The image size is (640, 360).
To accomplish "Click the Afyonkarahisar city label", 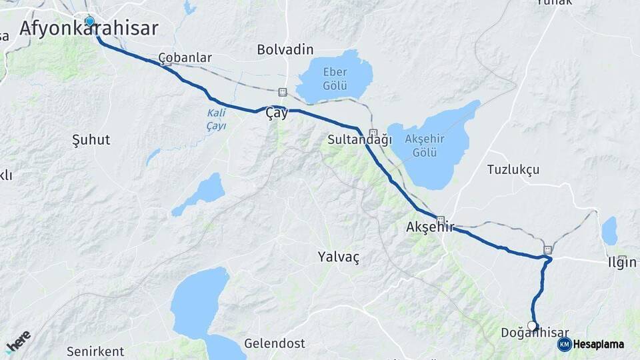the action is click(x=89, y=29).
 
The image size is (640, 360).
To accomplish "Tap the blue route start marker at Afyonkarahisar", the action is click(x=89, y=21).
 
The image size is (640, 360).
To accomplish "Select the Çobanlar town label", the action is click(x=185, y=57).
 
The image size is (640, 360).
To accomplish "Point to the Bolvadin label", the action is click(x=285, y=49).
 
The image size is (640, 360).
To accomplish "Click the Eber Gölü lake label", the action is click(x=335, y=78).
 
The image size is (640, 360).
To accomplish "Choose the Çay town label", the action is click(x=277, y=113).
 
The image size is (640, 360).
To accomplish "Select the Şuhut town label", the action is click(x=91, y=140).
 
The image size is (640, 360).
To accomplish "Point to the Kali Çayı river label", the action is click(x=216, y=119).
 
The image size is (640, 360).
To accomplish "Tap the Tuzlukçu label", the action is click(x=513, y=169).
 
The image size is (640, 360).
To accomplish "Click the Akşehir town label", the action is click(x=429, y=227).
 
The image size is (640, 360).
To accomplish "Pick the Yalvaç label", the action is click(x=338, y=257).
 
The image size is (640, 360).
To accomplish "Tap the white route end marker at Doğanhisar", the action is click(x=532, y=325).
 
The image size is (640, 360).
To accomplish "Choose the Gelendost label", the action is click(x=274, y=343).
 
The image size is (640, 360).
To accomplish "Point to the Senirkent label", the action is click(x=95, y=351).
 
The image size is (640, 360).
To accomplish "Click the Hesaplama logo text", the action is click(x=597, y=344).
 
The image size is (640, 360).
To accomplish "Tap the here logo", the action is click(x=18, y=341).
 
